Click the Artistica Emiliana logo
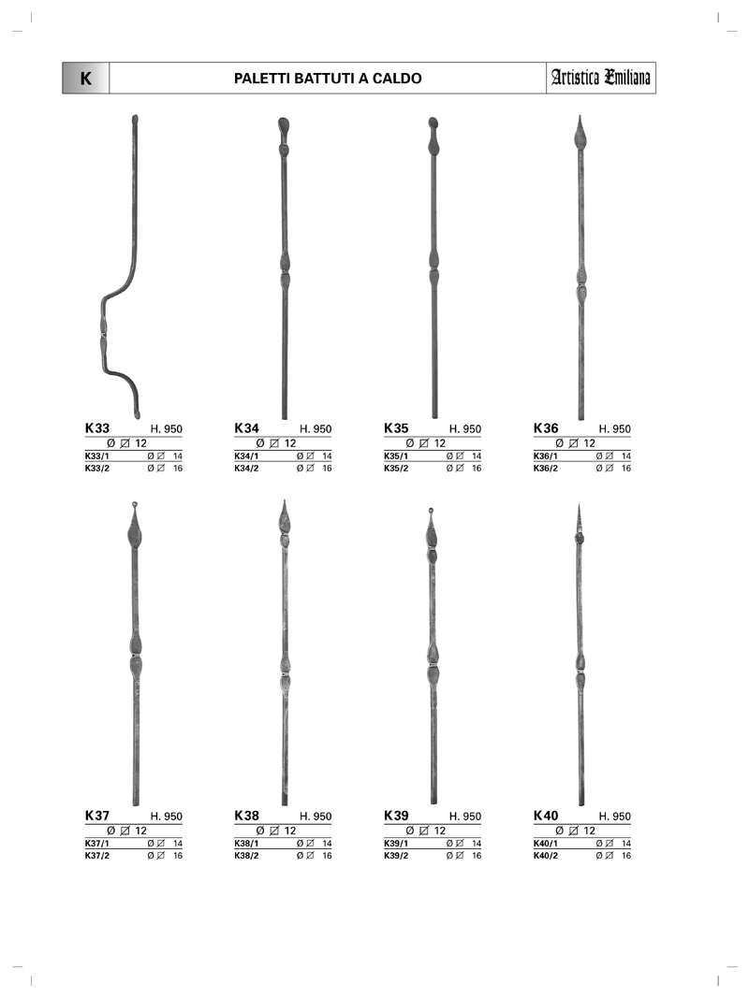pos(600,78)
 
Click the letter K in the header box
pos(86,79)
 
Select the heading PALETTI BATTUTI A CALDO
pos(328,79)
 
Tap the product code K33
pos(97,427)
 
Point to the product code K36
pos(546,427)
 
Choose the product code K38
pos(246,816)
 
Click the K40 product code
pos(546,816)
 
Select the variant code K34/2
pos(246,468)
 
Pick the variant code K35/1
pos(396,456)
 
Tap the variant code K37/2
pos(97,856)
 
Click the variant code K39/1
pos(396,844)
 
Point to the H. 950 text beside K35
pos(465,429)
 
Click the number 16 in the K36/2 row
pos(626,468)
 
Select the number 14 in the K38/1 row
pos(327,844)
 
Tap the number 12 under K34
pos(290,443)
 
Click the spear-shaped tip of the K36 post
pos(580,133)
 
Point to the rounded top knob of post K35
pos(433,123)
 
